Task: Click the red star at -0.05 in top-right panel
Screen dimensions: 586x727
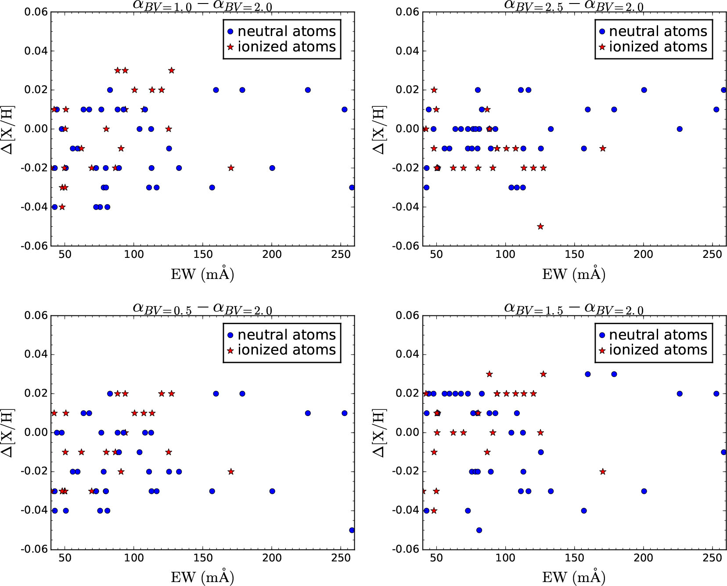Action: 540,227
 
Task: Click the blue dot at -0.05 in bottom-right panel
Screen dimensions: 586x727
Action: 479,530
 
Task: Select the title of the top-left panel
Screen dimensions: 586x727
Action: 202,6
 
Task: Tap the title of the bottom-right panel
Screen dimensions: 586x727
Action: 574,309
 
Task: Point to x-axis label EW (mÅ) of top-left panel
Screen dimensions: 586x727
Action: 202,274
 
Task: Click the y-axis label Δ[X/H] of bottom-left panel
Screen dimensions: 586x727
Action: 8,433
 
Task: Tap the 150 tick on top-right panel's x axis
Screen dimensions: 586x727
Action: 574,254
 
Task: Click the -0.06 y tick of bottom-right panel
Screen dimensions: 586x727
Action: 407,549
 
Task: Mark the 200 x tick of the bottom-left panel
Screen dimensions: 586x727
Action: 272,558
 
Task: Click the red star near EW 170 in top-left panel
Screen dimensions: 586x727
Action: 231,168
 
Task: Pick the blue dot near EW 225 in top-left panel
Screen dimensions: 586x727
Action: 308,90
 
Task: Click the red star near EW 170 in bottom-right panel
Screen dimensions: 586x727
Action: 603,471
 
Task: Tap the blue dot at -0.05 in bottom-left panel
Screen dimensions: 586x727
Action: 352,530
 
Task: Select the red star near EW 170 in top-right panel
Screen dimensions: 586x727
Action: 603,148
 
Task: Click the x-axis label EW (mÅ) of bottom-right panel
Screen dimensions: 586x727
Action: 574,577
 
